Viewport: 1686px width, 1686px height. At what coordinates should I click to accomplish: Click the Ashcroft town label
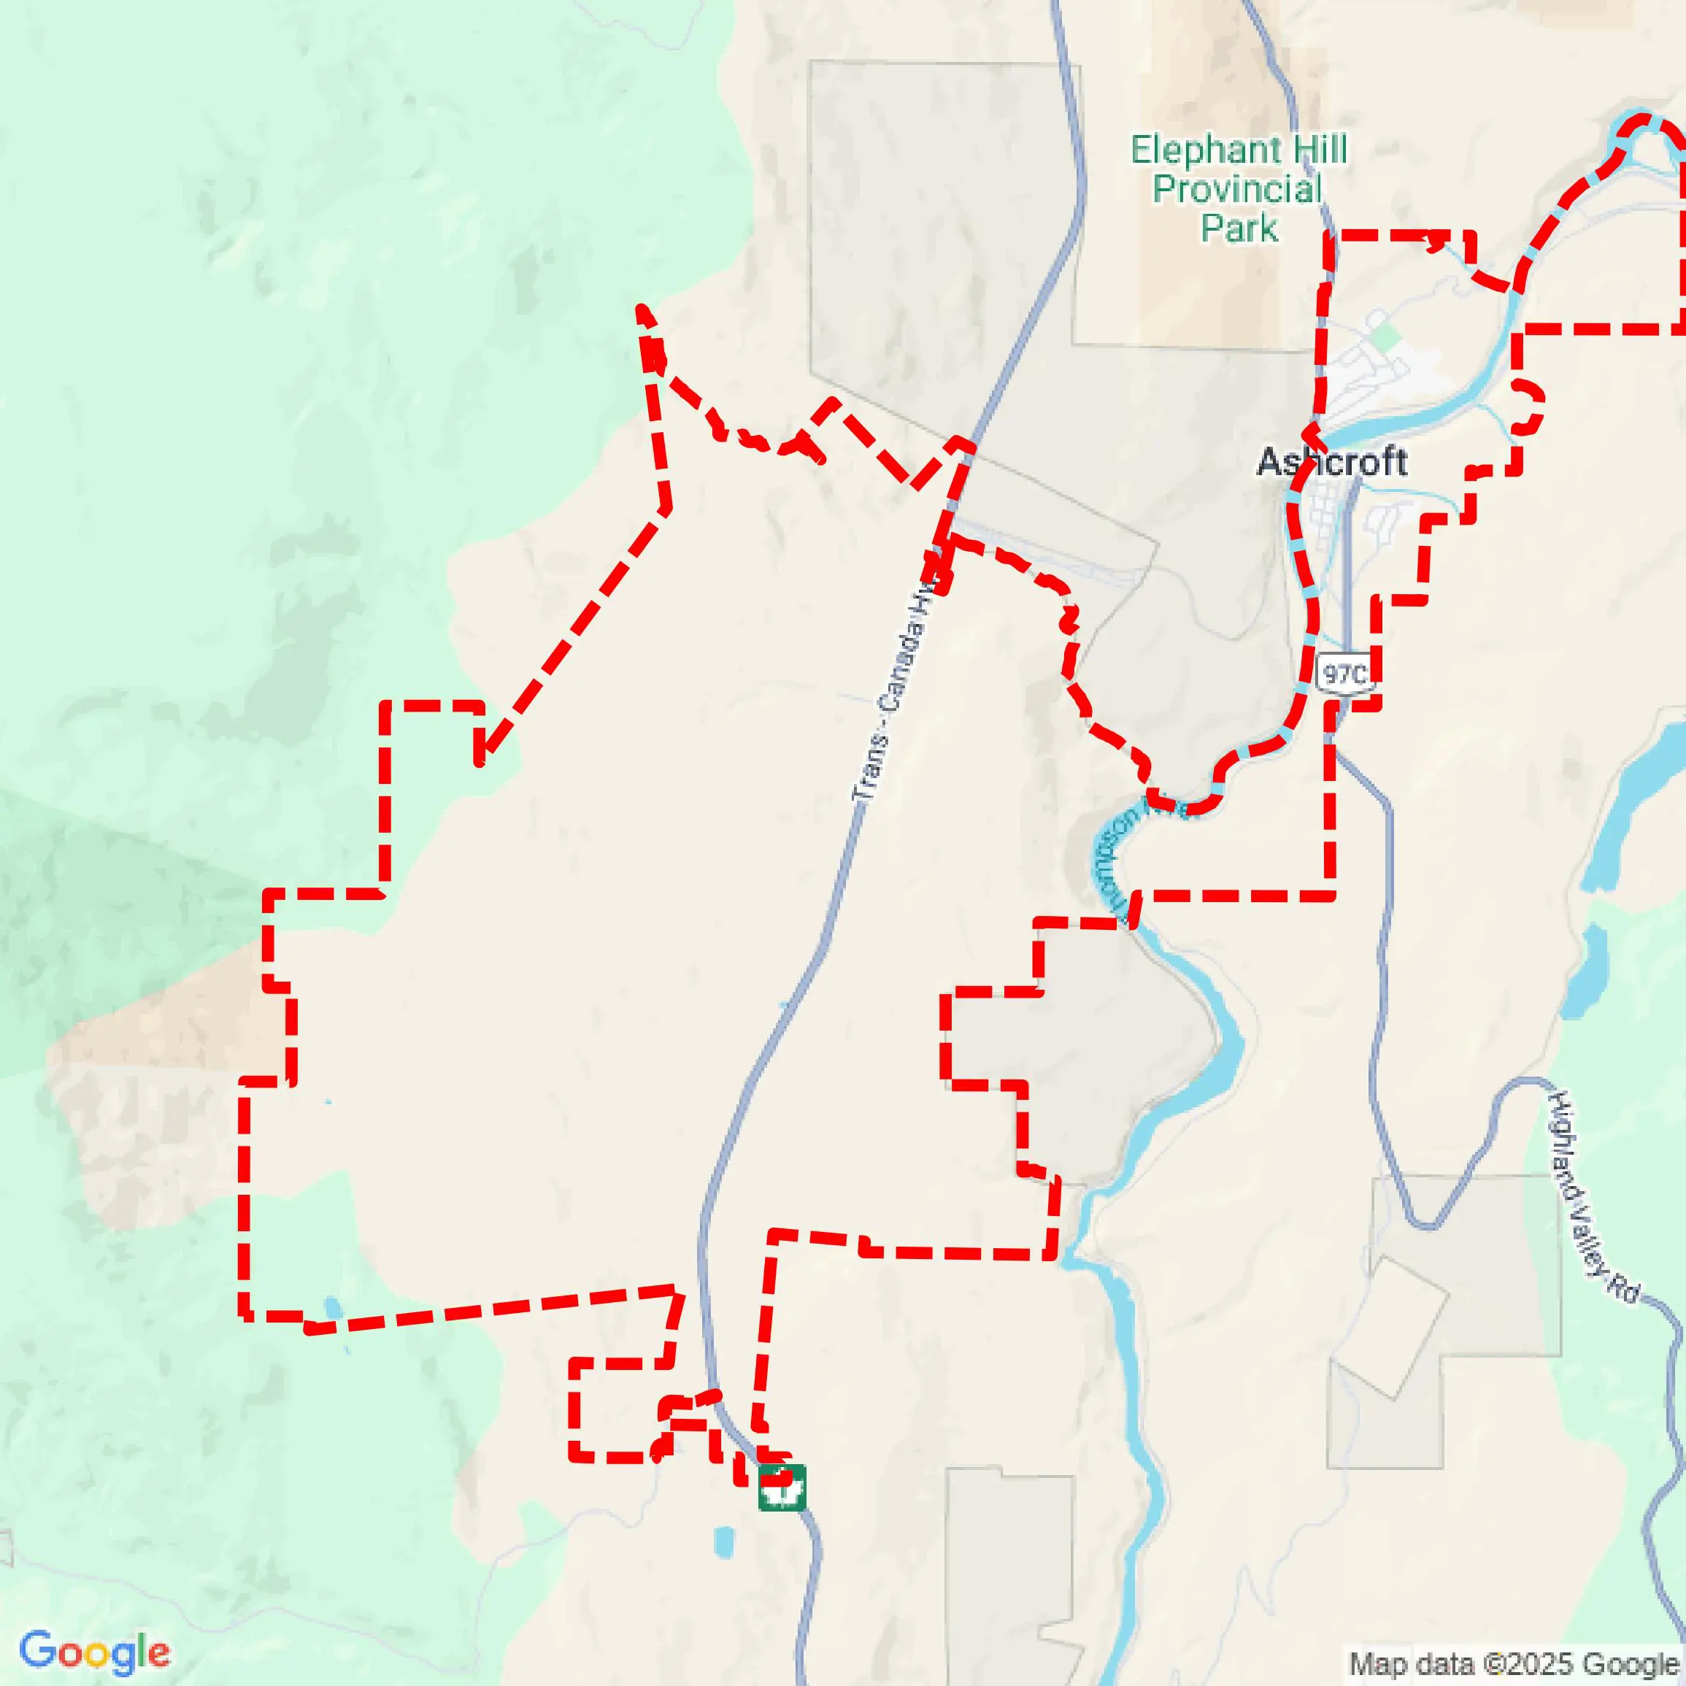[x=1332, y=463]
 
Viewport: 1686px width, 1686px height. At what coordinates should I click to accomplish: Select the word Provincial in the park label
[x=1236, y=189]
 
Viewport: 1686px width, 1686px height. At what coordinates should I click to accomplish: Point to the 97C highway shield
[x=1344, y=674]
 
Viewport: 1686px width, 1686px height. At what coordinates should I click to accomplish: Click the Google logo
[x=94, y=1652]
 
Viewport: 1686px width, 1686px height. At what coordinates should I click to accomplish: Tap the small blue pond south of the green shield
[x=723, y=1542]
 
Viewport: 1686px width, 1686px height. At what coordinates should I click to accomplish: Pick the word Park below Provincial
[x=1239, y=228]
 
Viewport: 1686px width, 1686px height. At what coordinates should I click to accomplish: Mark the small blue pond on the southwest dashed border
[x=333, y=1308]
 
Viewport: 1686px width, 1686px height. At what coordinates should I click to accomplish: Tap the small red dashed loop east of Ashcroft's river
[x=1527, y=406]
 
